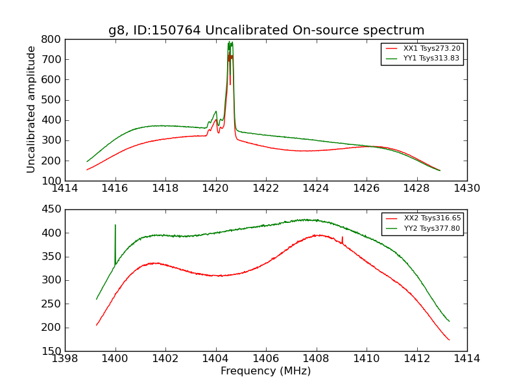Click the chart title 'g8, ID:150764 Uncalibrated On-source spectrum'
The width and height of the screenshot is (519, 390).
[x=266, y=31]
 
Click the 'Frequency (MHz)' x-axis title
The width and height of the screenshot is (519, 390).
[x=266, y=371]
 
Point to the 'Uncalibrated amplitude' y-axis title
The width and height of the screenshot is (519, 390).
[x=31, y=109]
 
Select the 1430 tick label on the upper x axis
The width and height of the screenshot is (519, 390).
[x=467, y=188]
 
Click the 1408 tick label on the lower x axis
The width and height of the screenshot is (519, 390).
[x=317, y=359]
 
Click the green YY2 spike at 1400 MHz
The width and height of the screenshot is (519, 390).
[x=115, y=226]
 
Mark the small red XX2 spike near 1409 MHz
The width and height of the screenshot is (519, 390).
[x=343, y=238]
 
